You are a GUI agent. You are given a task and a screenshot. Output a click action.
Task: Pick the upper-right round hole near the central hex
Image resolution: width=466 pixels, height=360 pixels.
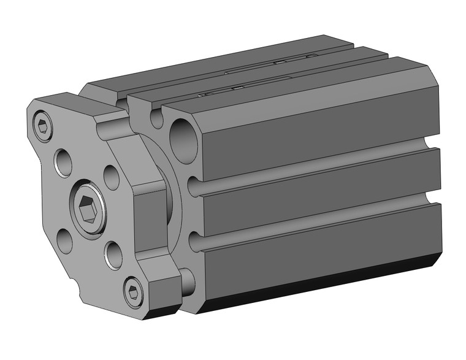(x=111, y=177)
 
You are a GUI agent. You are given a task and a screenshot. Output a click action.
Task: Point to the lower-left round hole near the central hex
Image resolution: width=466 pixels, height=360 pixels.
(x=64, y=240)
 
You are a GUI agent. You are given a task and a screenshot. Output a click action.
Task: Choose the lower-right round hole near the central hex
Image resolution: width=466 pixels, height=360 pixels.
(x=112, y=255)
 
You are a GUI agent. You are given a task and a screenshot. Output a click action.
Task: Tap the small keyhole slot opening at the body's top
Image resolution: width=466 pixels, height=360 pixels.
(x=157, y=118)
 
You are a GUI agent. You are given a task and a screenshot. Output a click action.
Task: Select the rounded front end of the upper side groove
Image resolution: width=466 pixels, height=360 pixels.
(x=194, y=186)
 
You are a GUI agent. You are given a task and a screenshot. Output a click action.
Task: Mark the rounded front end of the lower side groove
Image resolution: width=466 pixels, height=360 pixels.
(x=194, y=242)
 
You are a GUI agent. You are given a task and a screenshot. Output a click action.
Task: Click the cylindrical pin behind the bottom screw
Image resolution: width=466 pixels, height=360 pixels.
(x=186, y=280)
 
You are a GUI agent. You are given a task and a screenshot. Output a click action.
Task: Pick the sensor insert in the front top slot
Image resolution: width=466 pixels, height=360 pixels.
(x=233, y=90)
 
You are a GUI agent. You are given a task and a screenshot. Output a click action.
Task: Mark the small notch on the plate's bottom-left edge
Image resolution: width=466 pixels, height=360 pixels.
(x=77, y=284)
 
